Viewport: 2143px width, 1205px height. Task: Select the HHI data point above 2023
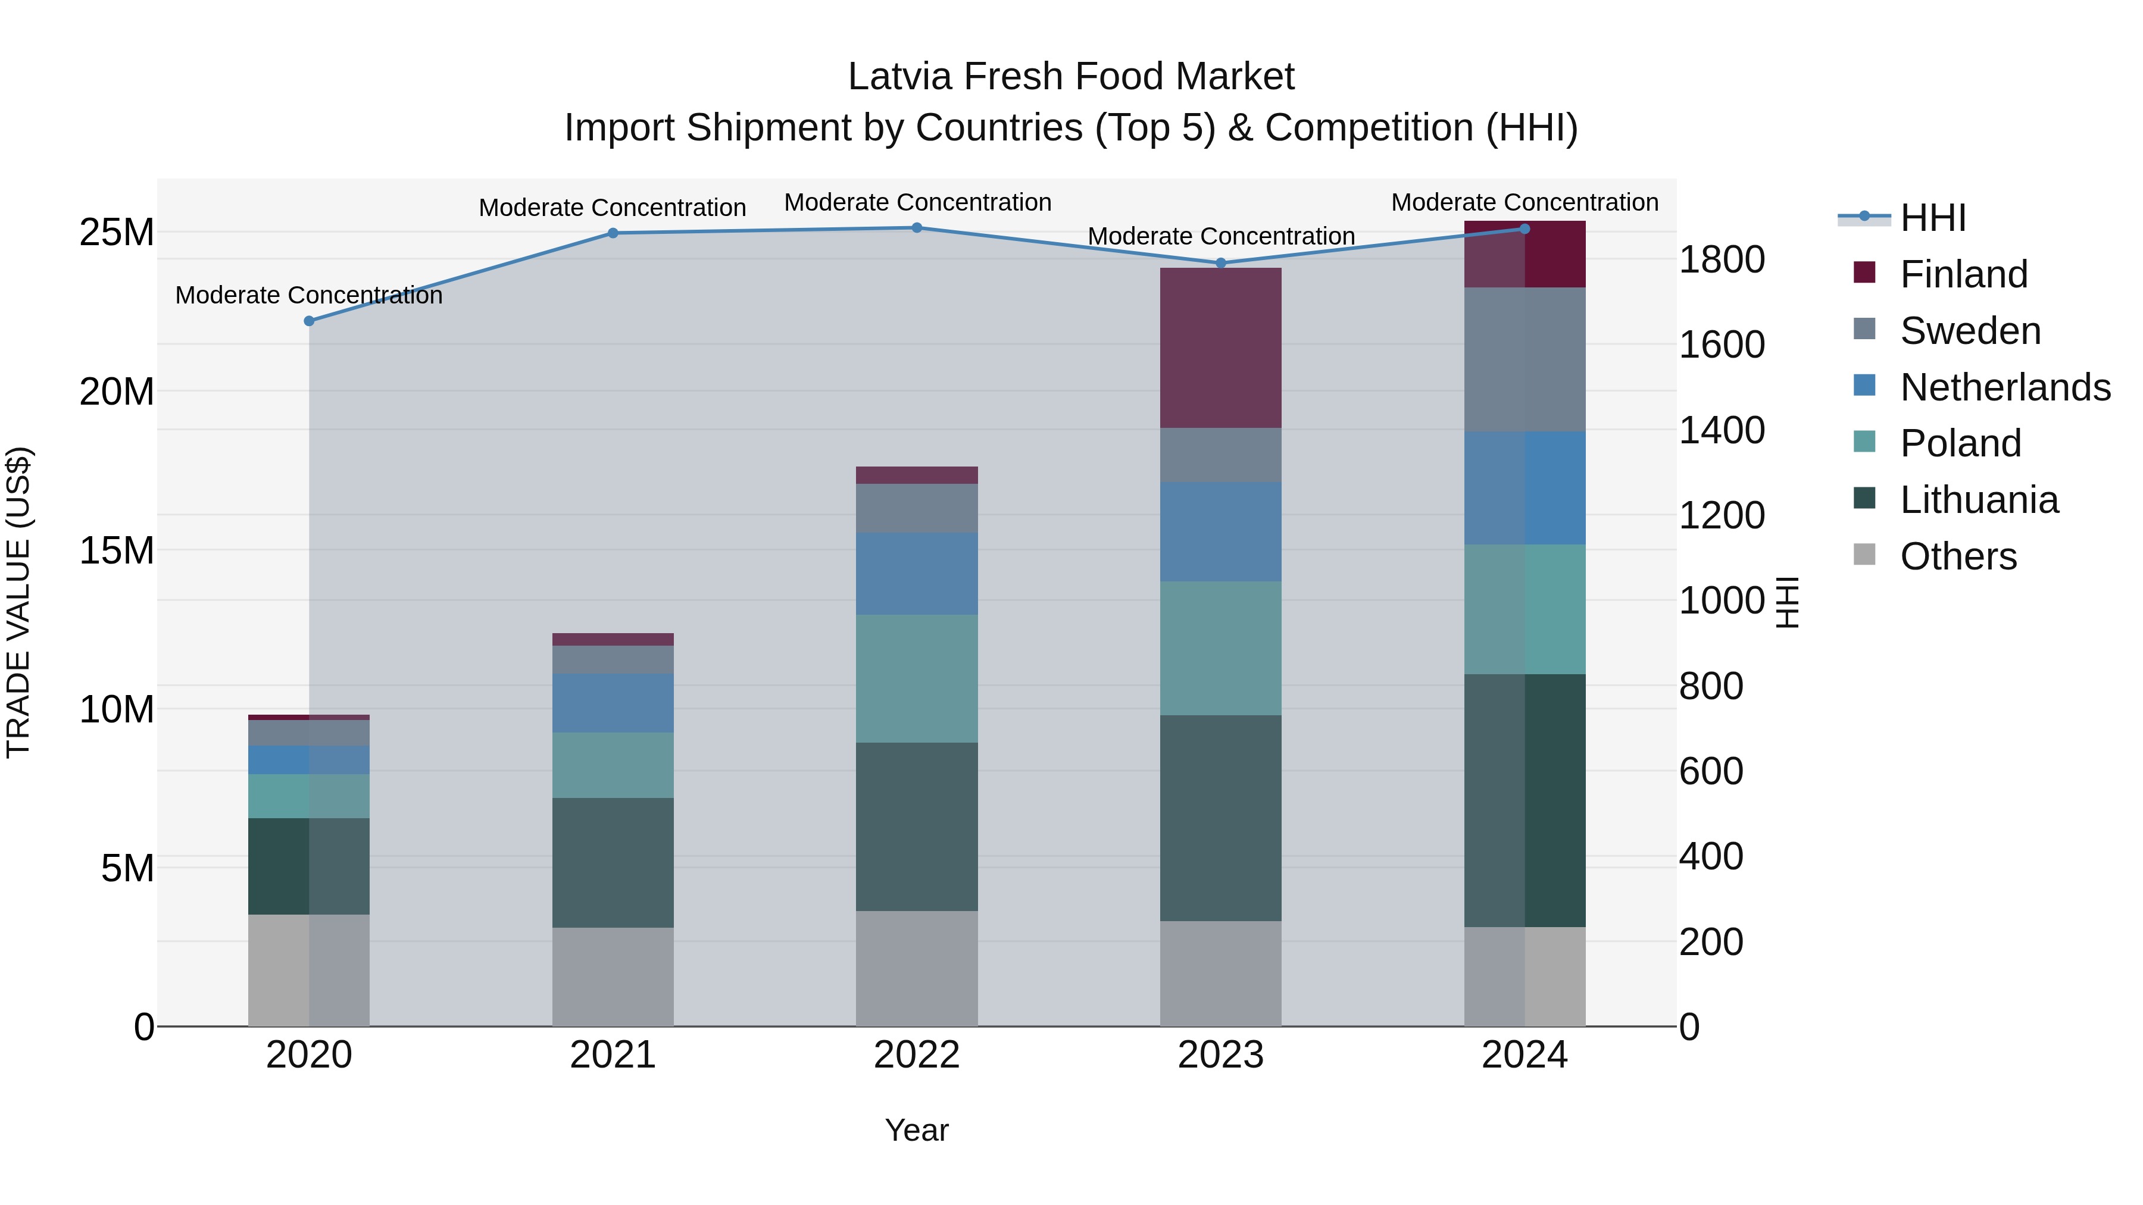point(1220,263)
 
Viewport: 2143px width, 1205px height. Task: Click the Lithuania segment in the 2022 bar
point(917,827)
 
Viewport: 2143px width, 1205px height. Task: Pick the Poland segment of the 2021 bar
point(613,765)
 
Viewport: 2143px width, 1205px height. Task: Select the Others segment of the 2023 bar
point(1220,973)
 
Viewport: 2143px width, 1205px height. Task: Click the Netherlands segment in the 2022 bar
point(917,574)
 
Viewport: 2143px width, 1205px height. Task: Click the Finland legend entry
point(1963,274)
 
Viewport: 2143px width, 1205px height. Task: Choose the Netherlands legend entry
point(2005,387)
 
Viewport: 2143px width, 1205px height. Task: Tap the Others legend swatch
point(1864,555)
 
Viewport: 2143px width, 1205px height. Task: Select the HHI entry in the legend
point(1932,218)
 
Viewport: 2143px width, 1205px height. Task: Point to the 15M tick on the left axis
point(117,550)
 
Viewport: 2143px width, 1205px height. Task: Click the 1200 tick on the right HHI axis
point(1720,515)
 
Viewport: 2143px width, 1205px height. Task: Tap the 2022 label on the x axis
point(917,1055)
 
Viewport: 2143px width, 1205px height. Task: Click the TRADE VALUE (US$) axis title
point(18,602)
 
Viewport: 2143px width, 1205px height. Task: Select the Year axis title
point(917,1130)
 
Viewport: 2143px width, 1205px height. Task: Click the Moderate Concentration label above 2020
point(308,295)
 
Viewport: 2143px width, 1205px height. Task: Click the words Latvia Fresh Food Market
point(1071,77)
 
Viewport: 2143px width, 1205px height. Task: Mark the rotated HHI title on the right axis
point(1787,602)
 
